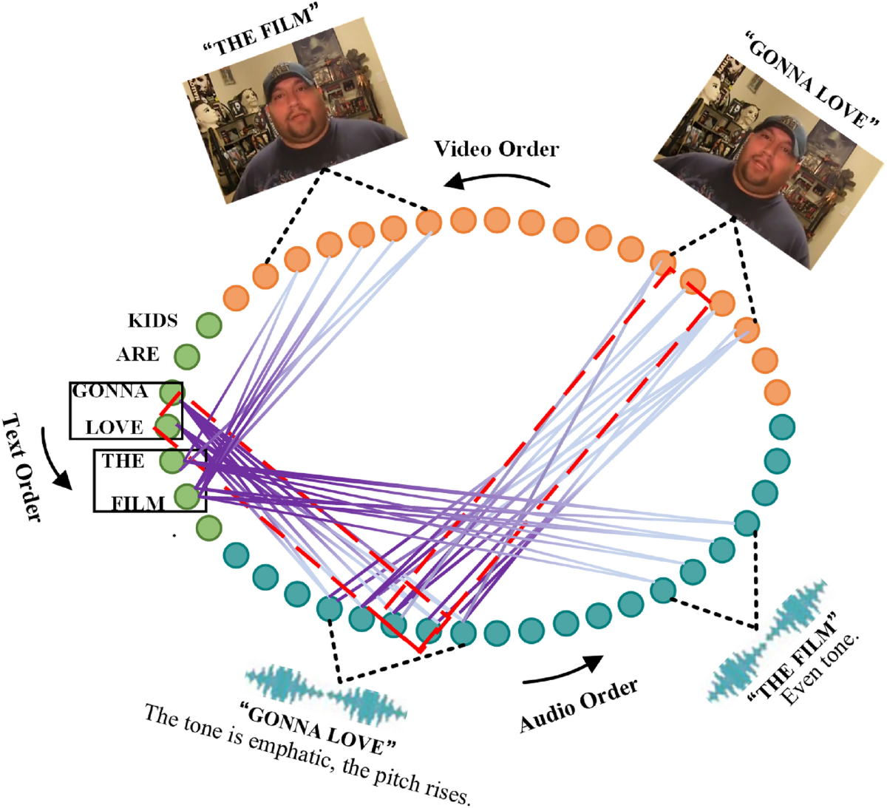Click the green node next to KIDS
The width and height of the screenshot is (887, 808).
(208, 325)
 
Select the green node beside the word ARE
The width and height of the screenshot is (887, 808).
(187, 356)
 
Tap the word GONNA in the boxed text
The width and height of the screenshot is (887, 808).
(109, 391)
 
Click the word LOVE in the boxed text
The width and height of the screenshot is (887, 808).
(114, 427)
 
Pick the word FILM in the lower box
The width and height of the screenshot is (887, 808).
(137, 504)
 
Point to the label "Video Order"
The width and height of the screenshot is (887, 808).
(496, 149)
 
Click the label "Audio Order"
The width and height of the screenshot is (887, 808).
(578, 705)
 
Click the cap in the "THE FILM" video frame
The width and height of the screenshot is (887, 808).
(289, 77)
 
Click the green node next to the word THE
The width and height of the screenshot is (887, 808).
(172, 461)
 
